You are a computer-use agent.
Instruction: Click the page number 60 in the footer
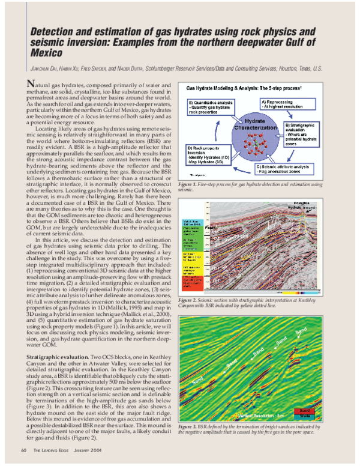(23, 450)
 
